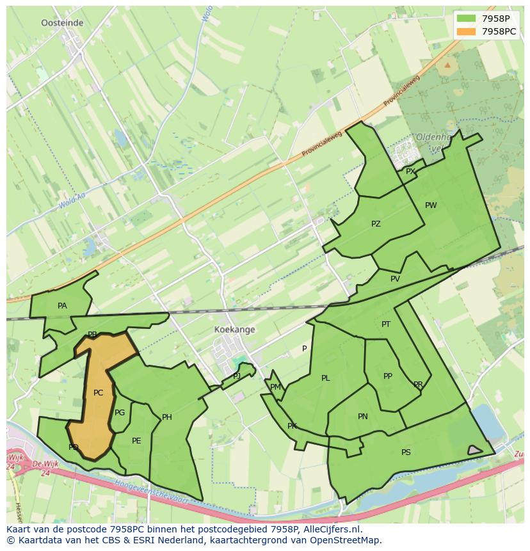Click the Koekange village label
[x=234, y=330]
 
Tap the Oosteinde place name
[x=62, y=22]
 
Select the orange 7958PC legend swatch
[x=467, y=31]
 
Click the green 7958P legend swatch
[x=467, y=19]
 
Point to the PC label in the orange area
[x=98, y=393]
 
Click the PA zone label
[x=62, y=306]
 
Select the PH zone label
[x=167, y=417]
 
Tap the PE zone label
[x=136, y=441]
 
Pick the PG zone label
[x=120, y=413]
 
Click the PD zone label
[x=74, y=447]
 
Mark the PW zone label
[x=431, y=205]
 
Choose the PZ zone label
[x=376, y=224]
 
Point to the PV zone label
[x=395, y=279]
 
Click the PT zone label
[x=386, y=324]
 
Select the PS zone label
[x=406, y=452]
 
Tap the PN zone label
[x=363, y=417]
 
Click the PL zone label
[x=326, y=378]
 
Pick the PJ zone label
[x=237, y=376]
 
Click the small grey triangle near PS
[x=474, y=451]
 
